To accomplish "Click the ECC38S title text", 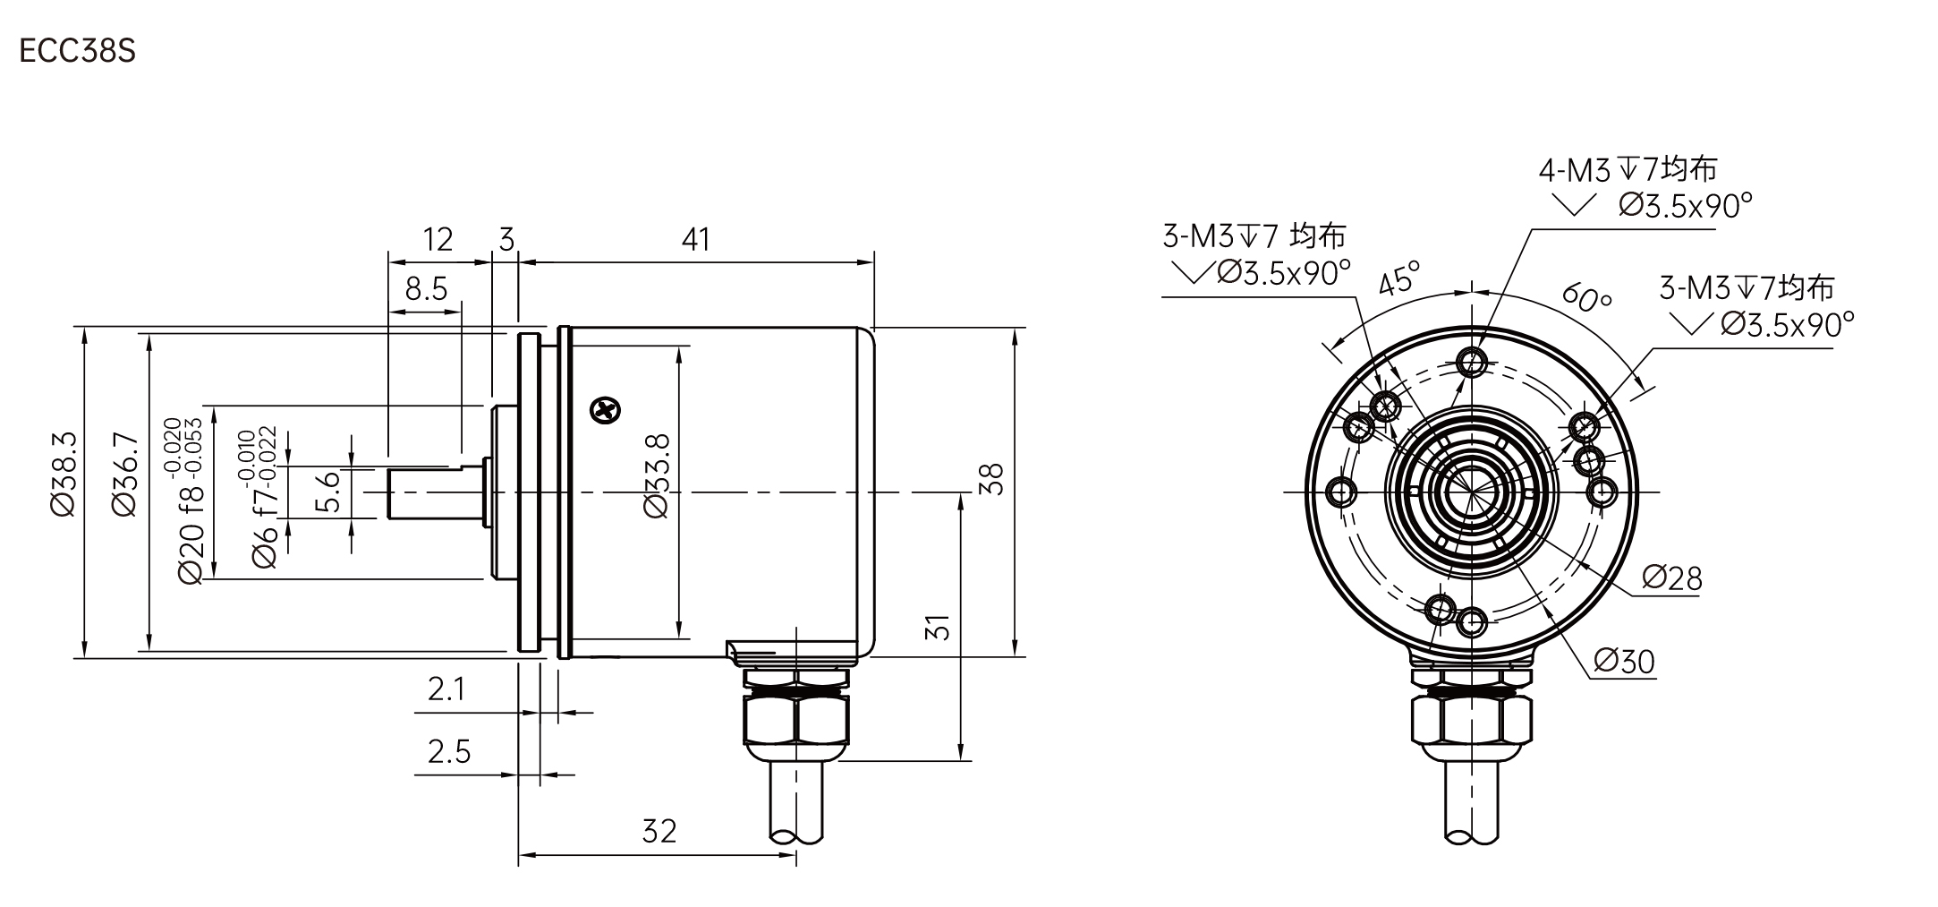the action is coord(77,51).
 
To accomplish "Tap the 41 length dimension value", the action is coord(696,239).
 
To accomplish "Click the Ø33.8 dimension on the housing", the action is coord(656,475).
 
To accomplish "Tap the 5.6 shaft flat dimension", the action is coord(330,492).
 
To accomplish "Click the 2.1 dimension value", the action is coord(447,689).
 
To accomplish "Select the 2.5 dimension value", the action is coord(449,750).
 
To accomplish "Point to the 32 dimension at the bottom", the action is coord(659,831).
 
